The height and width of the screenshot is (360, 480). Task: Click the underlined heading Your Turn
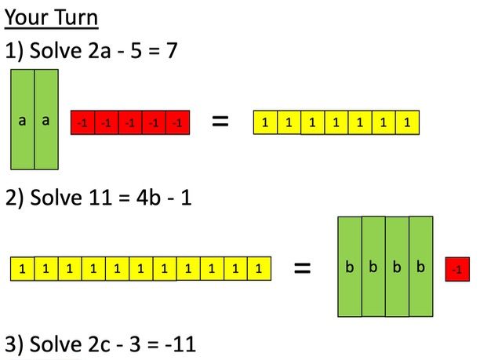click(x=52, y=16)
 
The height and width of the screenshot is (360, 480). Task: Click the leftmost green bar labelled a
click(x=23, y=119)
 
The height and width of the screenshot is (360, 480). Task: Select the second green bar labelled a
click(x=46, y=119)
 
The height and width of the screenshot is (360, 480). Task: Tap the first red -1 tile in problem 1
click(x=82, y=122)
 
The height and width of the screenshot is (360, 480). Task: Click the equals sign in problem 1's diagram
click(x=221, y=122)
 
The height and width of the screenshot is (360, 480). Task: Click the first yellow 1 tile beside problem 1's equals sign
click(x=265, y=122)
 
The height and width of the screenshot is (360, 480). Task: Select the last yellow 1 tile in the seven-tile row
click(x=407, y=122)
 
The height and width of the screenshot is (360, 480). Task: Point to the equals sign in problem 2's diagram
click(x=302, y=268)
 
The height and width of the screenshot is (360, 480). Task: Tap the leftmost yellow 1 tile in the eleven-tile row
click(x=22, y=269)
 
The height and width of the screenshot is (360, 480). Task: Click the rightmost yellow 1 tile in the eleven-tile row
click(x=258, y=269)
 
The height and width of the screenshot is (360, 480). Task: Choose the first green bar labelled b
click(x=350, y=267)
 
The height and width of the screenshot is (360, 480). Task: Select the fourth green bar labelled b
click(x=421, y=267)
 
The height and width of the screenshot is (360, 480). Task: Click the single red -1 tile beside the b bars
click(x=456, y=269)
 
